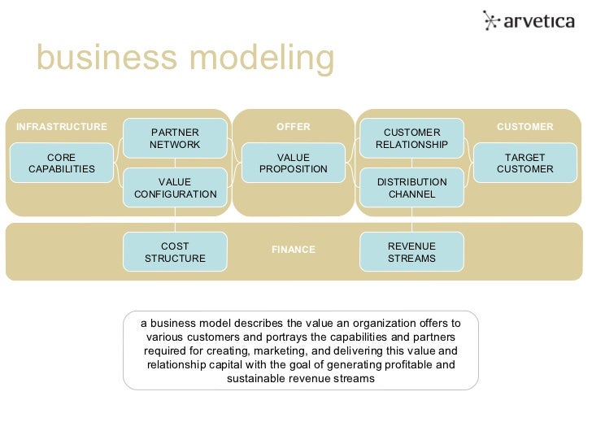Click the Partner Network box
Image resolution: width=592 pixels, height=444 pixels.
coord(175,138)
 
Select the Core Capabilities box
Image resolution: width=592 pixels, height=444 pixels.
coord(62,163)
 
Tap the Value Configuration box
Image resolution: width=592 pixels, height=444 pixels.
coord(175,188)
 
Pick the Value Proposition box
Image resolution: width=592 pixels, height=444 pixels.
coord(293,163)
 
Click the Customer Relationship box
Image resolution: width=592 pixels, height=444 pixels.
coord(411,138)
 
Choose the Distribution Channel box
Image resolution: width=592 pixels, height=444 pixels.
coord(411,188)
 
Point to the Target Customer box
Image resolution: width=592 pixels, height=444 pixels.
coord(525,163)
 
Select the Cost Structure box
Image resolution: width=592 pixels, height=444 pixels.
coord(175,252)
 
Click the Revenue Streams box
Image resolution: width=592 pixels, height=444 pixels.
coord(411,252)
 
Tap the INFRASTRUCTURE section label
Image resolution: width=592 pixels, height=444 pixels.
coord(62,127)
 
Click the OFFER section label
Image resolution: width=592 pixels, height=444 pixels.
coord(293,127)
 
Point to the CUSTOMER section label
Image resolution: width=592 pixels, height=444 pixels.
coord(525,127)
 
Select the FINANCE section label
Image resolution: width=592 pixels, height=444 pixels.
coord(293,250)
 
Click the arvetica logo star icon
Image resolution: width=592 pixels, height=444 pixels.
coord(491,20)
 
